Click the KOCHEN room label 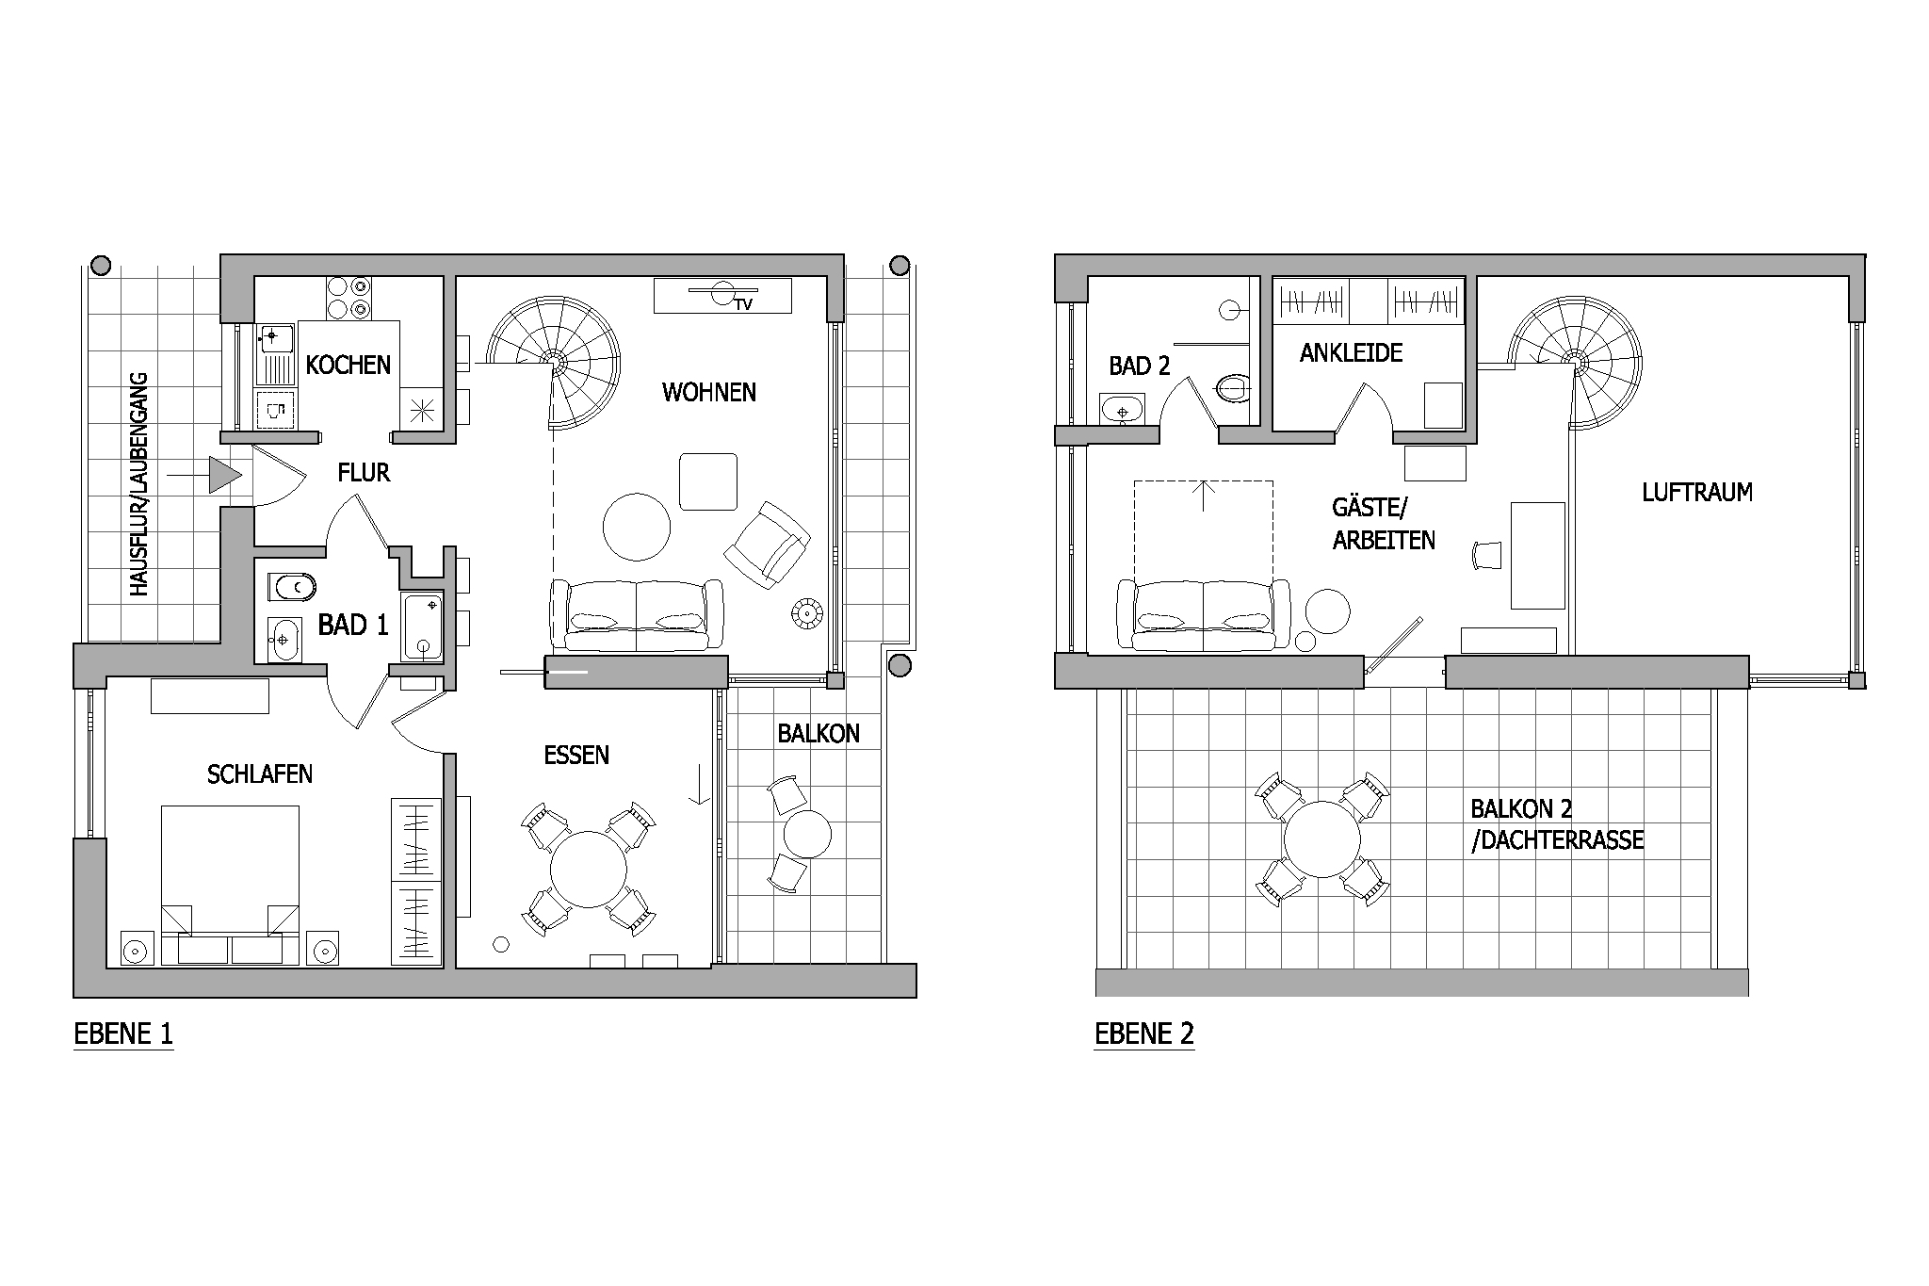[x=348, y=365]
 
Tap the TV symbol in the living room [x=723, y=296]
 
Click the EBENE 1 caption [x=123, y=1034]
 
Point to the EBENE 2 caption [x=1144, y=1034]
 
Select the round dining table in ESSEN [x=589, y=870]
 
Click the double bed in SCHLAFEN [x=230, y=885]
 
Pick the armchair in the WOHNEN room [x=768, y=545]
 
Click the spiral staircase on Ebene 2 [x=1574, y=363]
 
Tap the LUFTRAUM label [x=1697, y=492]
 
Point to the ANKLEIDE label [x=1351, y=353]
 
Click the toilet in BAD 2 [x=1234, y=387]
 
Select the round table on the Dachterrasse [x=1322, y=839]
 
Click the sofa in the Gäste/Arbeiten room [x=1204, y=614]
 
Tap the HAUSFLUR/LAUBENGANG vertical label [x=139, y=484]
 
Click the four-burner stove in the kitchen [x=349, y=298]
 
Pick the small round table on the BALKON [x=807, y=834]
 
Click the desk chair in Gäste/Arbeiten [x=1487, y=556]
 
